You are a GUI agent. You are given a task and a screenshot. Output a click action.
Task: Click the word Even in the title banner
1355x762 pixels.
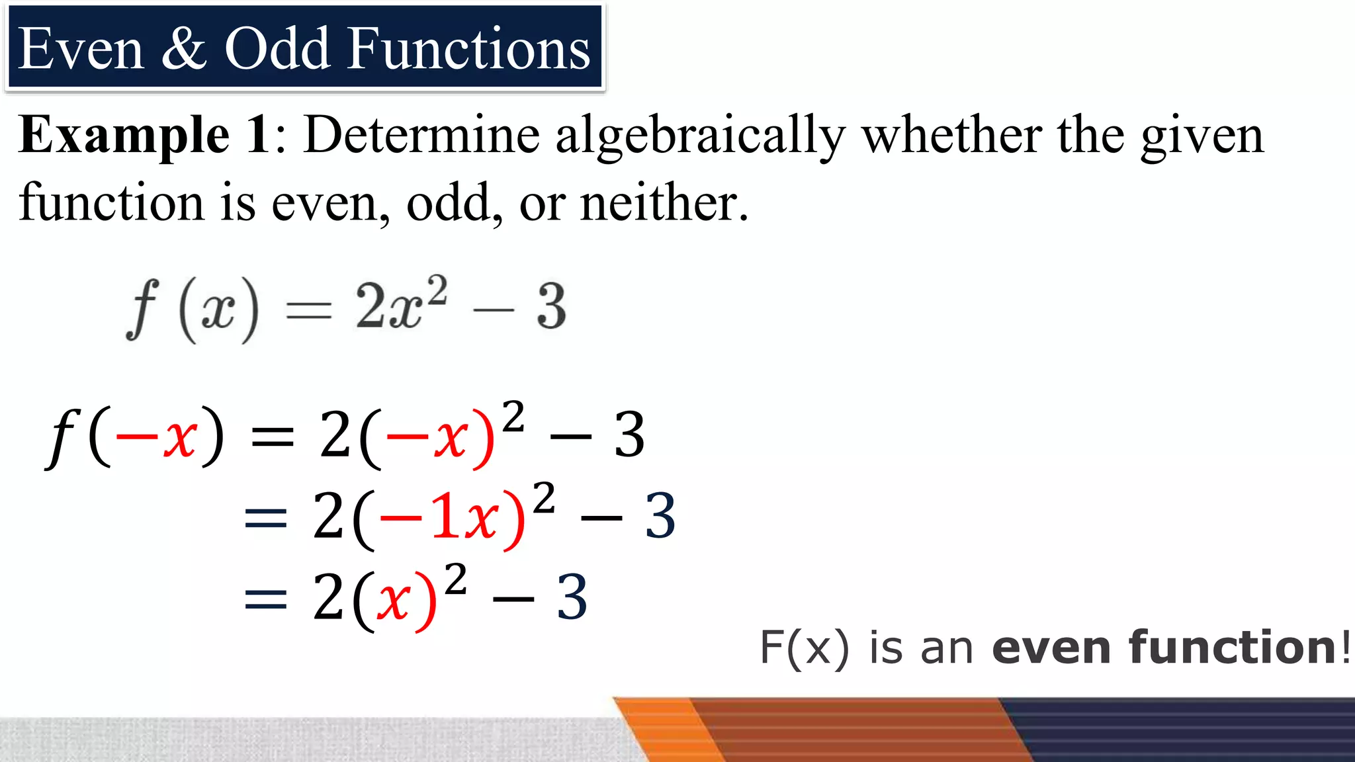pyautogui.click(x=81, y=49)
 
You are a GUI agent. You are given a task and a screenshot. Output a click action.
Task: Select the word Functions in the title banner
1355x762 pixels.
pyautogui.click(x=468, y=49)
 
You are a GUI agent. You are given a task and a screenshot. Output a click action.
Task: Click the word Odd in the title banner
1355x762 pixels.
pyautogui.click(x=278, y=49)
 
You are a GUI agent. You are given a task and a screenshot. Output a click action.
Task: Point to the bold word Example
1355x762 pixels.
pyautogui.click(x=124, y=136)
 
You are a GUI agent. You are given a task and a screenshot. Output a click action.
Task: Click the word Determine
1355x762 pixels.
pyautogui.click(x=421, y=135)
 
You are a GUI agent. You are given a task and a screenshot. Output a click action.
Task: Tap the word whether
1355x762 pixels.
pyautogui.click(x=951, y=135)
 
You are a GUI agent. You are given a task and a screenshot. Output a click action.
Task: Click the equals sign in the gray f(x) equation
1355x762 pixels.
pyautogui.click(x=308, y=310)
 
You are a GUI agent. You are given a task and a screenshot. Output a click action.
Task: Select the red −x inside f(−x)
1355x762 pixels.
pyautogui.click(x=156, y=437)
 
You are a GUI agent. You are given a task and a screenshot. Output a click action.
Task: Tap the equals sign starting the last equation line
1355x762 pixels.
pyautogui.click(x=265, y=599)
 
